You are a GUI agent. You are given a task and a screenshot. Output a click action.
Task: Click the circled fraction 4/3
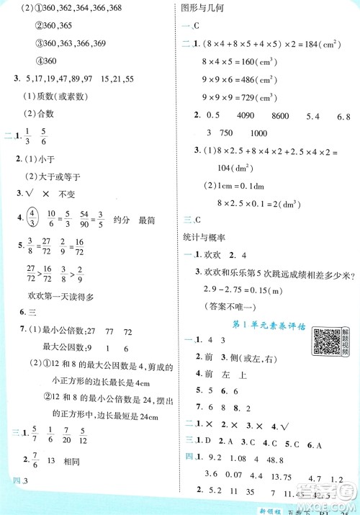pos(31,215)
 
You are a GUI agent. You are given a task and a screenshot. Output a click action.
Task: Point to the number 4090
pos(246,115)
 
